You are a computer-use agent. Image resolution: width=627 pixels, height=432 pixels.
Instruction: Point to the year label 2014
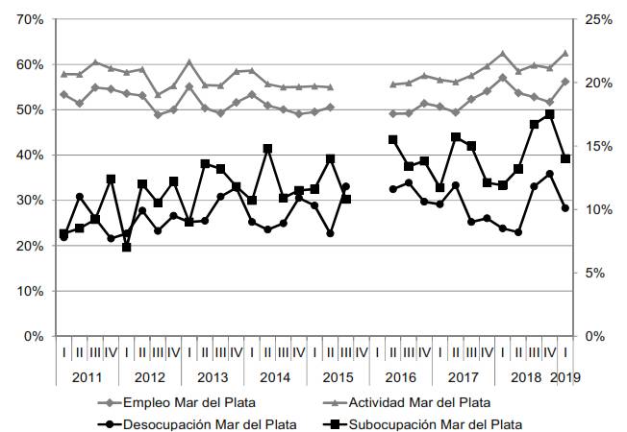[x=275, y=375]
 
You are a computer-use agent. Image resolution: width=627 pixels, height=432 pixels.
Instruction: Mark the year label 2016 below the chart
[x=400, y=375]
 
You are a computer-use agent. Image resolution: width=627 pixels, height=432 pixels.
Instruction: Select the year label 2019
[x=566, y=375]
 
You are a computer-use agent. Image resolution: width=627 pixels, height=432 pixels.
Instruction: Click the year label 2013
[x=213, y=375]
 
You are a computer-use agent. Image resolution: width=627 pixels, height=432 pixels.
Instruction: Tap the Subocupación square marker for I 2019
[x=565, y=159]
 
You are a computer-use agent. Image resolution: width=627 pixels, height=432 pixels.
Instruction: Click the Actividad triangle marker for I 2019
[x=565, y=54]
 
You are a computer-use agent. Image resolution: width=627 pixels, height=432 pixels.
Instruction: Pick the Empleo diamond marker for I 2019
[x=565, y=82]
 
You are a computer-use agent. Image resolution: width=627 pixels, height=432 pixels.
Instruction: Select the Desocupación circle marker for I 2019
[x=565, y=207]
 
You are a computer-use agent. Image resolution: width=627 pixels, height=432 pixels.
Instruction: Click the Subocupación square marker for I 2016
[x=393, y=139]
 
